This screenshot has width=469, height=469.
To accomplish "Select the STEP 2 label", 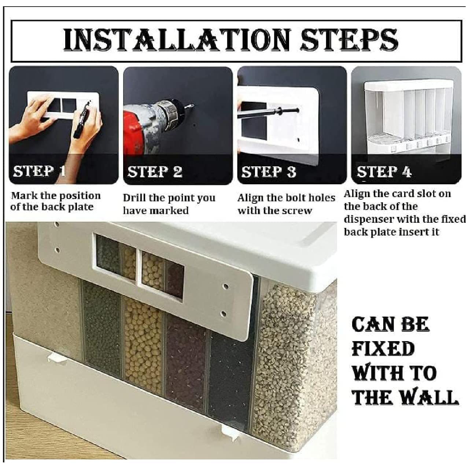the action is [x=155, y=172].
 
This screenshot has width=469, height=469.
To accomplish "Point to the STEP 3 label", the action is [x=269, y=172].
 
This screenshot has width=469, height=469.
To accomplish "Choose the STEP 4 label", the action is [x=384, y=171].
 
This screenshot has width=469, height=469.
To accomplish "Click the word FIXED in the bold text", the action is [x=383, y=348].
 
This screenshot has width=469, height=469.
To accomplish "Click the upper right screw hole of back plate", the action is [x=226, y=286].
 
